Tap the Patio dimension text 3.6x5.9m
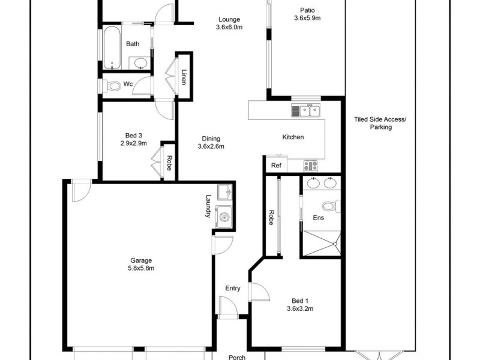pos(307,18)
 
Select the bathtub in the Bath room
pos(112,47)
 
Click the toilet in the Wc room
pos(113,85)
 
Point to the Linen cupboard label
pos(184,77)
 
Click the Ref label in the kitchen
pos(276,166)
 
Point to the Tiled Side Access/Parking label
pos(380,123)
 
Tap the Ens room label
pos(318,217)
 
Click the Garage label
pos(142,260)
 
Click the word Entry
pos(232,289)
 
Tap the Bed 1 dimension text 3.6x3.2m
pos(299,308)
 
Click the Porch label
pos(238,356)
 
